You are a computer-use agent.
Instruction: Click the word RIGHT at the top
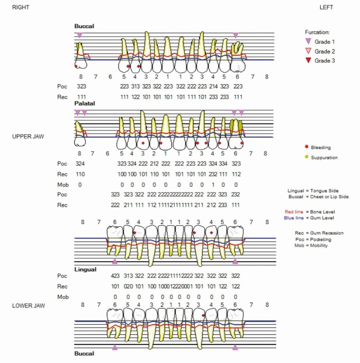tap(20, 7)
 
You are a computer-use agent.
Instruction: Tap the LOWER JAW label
tap(28, 306)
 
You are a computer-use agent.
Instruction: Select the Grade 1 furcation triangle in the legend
tap(309, 41)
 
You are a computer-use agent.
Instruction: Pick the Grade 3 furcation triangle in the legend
tap(309, 60)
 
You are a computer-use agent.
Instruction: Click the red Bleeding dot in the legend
tap(307, 147)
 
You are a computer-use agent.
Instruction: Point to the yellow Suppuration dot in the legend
tap(307, 157)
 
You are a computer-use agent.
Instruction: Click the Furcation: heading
tap(318, 32)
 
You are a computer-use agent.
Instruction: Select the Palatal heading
tap(84, 104)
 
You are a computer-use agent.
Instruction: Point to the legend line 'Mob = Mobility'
tap(311, 245)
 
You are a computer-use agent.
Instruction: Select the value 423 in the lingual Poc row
tap(115, 276)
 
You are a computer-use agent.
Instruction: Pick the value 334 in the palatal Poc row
tap(224, 163)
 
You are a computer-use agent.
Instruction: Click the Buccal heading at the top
tap(84, 26)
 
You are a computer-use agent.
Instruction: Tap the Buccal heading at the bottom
tap(84, 353)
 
